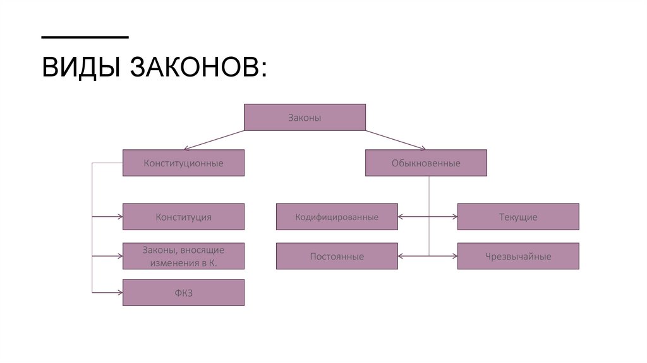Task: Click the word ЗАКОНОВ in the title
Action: tap(198, 68)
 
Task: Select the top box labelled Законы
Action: tap(305, 118)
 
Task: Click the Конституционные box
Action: tap(183, 163)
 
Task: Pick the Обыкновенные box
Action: tap(426, 163)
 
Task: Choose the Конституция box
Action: tap(183, 217)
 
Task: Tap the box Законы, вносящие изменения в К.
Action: tap(183, 256)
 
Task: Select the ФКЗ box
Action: tap(183, 293)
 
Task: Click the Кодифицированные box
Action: tap(337, 217)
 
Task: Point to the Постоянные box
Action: tap(337, 256)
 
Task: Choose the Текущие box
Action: tap(518, 217)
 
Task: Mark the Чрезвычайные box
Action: tap(518, 256)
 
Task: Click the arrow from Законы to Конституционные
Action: tap(183, 140)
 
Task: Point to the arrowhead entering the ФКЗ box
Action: tap(119, 293)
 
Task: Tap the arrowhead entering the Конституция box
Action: tap(119, 217)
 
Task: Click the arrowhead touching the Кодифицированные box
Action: tap(401, 217)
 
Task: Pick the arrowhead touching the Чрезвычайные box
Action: tap(454, 256)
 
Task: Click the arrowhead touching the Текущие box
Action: tap(454, 217)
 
